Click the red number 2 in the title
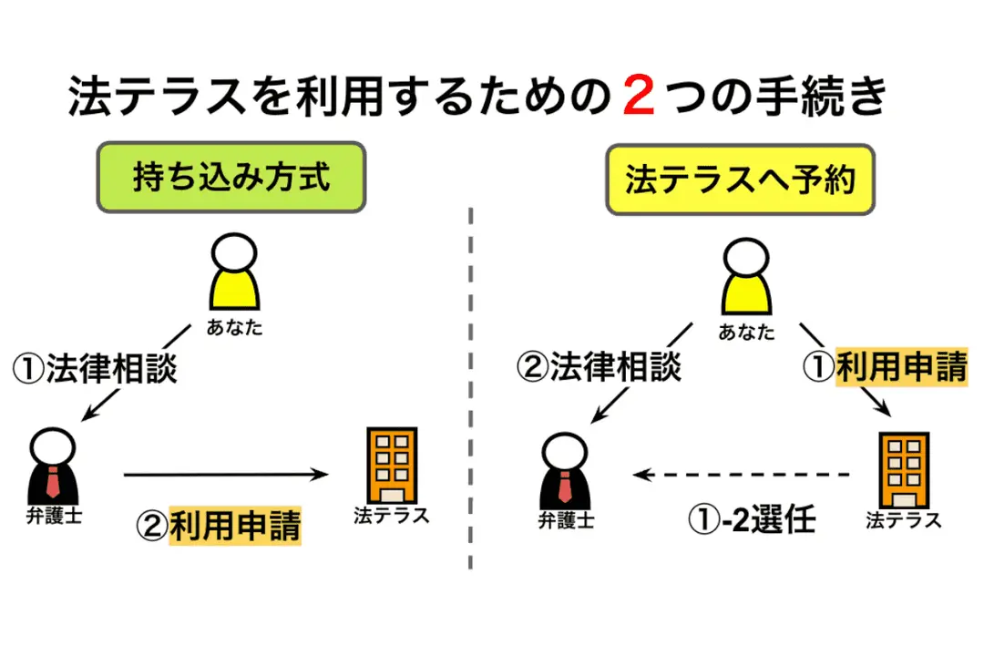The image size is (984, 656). pos(639,97)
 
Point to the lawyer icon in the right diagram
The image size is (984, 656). pos(565,471)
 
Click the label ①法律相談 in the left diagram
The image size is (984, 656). pos(94,369)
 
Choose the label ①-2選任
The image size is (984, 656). pos(750,521)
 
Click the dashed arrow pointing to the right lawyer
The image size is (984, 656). pos(743,475)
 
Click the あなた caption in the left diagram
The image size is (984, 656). pos(235,326)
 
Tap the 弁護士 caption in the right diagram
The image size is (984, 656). pos(565,521)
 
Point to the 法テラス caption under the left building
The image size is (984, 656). pos(391,516)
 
